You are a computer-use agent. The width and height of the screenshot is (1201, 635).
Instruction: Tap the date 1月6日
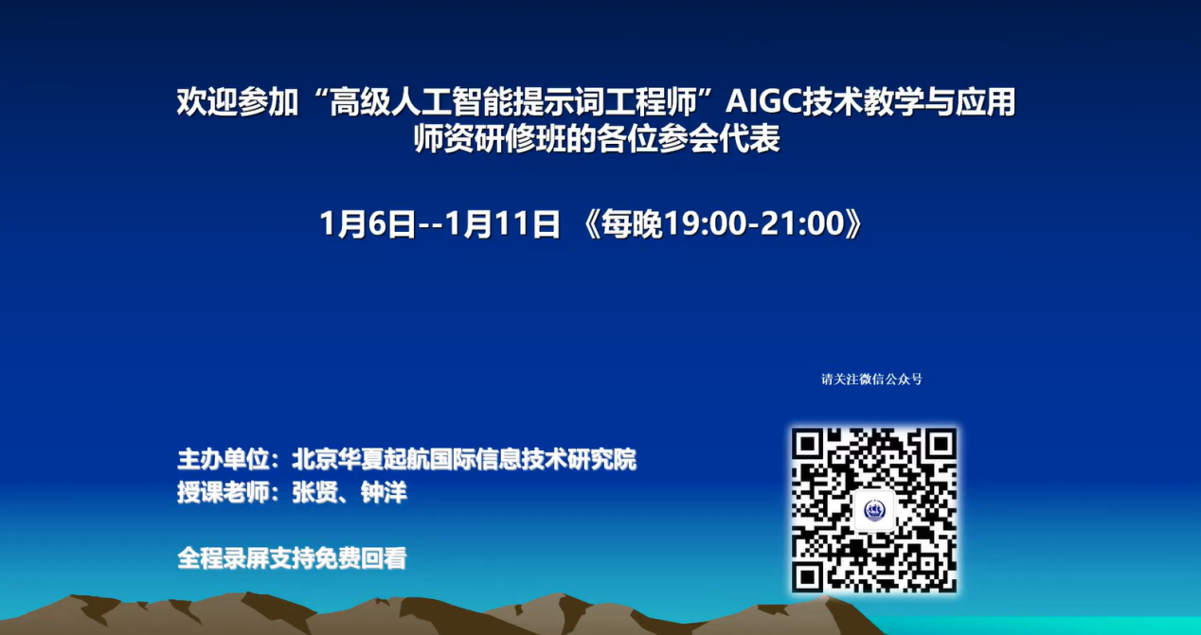367,223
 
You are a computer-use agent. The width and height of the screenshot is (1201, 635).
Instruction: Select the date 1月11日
503,223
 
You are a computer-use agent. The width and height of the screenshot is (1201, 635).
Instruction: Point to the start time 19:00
706,223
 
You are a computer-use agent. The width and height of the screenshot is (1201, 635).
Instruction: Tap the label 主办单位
223,459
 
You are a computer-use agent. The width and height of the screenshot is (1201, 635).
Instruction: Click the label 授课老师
223,492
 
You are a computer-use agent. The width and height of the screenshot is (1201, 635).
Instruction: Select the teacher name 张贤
314,492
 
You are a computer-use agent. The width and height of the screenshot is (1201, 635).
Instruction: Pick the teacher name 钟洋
384,492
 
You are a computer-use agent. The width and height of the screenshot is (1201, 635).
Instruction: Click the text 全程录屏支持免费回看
293,557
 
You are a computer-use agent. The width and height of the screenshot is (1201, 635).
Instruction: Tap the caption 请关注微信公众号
871,379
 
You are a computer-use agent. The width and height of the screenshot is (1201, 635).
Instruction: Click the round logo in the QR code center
874,510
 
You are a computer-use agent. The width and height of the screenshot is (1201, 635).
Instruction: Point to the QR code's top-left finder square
809,445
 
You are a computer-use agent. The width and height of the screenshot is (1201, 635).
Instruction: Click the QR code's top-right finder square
940,445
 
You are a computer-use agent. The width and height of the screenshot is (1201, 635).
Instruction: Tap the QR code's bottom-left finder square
809,576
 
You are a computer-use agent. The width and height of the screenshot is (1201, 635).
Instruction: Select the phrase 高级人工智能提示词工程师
513,101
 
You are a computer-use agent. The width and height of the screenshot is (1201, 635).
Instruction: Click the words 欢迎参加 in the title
238,101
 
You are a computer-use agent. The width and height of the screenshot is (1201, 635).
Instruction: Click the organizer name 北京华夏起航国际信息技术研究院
464,459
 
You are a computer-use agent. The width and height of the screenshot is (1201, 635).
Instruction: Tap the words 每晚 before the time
632,223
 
